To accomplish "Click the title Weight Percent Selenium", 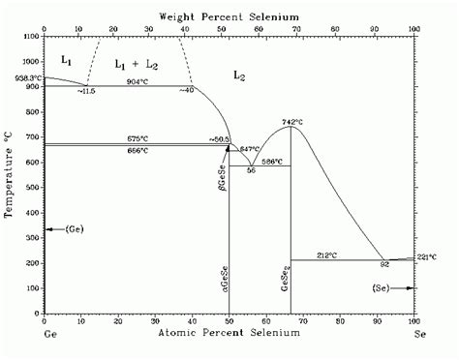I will tap(229, 16).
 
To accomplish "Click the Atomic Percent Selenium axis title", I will tap(229, 335).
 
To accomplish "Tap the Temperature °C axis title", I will tap(9, 175).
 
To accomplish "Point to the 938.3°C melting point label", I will tap(23, 77).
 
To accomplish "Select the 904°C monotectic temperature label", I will tap(138, 81).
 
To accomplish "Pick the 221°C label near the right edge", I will tap(426, 256).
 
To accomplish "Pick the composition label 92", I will tap(383, 264).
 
